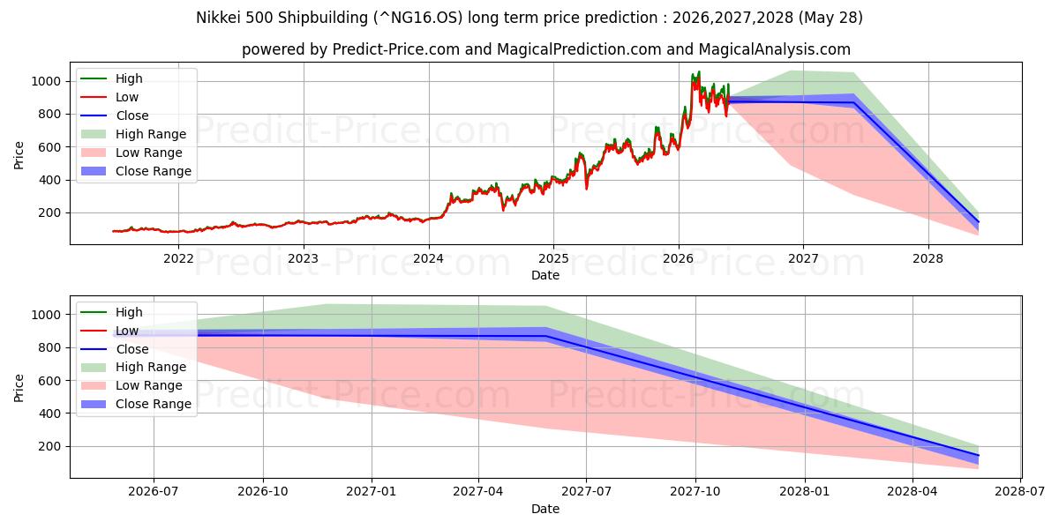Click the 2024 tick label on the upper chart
[428, 259]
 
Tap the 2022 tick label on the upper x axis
[178, 259]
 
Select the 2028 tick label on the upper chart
[928, 259]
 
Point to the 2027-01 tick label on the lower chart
[372, 492]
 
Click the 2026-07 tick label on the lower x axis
[154, 492]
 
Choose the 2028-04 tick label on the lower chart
[913, 492]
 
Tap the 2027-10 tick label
[695, 492]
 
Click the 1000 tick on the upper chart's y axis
[46, 81]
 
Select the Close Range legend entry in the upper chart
[136, 171]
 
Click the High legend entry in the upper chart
[111, 78]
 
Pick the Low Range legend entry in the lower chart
[131, 386]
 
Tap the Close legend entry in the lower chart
[115, 349]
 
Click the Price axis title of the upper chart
[19, 155]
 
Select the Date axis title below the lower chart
[545, 509]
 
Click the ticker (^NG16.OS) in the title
[418, 18]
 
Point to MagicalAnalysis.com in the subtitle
[775, 49]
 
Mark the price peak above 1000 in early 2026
[699, 71]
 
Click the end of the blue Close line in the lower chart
[978, 455]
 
